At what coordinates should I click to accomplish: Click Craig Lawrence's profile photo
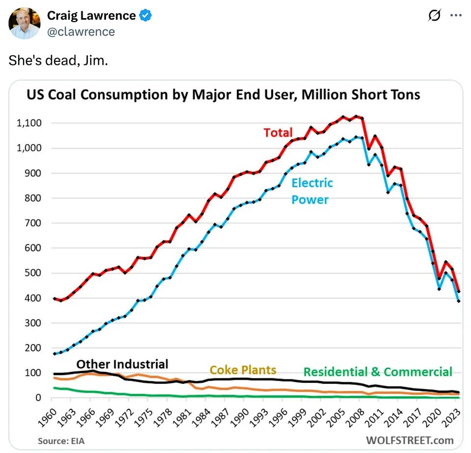(24, 23)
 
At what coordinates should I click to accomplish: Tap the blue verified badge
(146, 16)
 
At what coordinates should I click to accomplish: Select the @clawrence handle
(81, 32)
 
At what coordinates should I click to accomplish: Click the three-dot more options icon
(456, 16)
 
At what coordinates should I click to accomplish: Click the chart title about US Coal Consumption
(223, 94)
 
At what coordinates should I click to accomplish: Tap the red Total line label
(278, 133)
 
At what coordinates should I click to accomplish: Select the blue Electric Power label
(312, 191)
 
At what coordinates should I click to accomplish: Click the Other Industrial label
(122, 364)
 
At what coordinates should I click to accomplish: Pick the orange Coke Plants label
(243, 370)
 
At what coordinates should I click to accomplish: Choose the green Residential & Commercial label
(377, 372)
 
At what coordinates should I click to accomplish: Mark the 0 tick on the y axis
(38, 398)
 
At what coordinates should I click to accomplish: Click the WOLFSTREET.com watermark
(410, 440)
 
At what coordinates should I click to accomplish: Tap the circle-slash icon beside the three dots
(434, 16)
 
